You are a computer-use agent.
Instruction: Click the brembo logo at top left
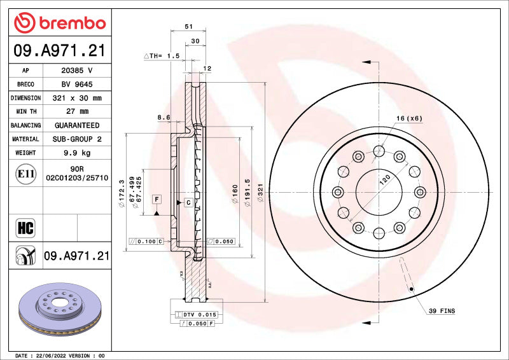(x=59, y=23)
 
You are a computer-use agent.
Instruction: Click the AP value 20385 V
(x=76, y=71)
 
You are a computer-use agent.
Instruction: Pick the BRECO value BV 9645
(x=76, y=85)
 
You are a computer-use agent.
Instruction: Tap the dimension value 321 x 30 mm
(x=76, y=98)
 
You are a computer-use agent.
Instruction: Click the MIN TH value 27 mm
(x=76, y=112)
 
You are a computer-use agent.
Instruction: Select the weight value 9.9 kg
(x=76, y=153)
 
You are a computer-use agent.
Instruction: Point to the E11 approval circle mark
(x=25, y=174)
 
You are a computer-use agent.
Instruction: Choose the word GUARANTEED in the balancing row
(x=76, y=125)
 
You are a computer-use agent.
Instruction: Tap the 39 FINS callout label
(x=442, y=310)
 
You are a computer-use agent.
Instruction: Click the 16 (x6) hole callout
(x=409, y=118)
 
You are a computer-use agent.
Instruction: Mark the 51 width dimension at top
(x=188, y=27)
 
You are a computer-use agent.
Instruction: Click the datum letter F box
(x=155, y=200)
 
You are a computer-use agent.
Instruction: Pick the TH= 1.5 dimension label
(x=163, y=56)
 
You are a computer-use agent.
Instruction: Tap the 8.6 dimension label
(x=164, y=118)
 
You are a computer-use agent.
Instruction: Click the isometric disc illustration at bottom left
(x=59, y=310)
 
